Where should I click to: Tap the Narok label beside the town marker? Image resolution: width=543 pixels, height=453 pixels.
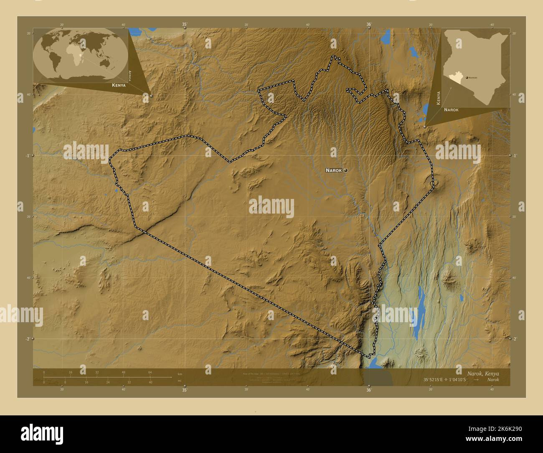point(334,171)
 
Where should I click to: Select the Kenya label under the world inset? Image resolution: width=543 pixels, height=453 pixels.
point(119,85)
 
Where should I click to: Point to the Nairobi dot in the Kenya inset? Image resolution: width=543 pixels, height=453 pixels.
point(467,78)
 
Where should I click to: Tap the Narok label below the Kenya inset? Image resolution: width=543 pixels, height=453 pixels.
point(451,109)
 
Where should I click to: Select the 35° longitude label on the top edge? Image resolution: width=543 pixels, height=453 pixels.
point(185,24)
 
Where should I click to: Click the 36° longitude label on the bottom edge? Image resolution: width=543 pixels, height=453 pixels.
point(369,390)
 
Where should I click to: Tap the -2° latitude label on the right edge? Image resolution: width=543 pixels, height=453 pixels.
point(515,338)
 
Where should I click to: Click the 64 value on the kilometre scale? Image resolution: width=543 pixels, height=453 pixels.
point(150,372)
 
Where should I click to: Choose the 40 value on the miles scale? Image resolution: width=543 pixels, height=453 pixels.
point(150,382)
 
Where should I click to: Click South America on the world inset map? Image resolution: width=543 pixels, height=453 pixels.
point(56,63)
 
